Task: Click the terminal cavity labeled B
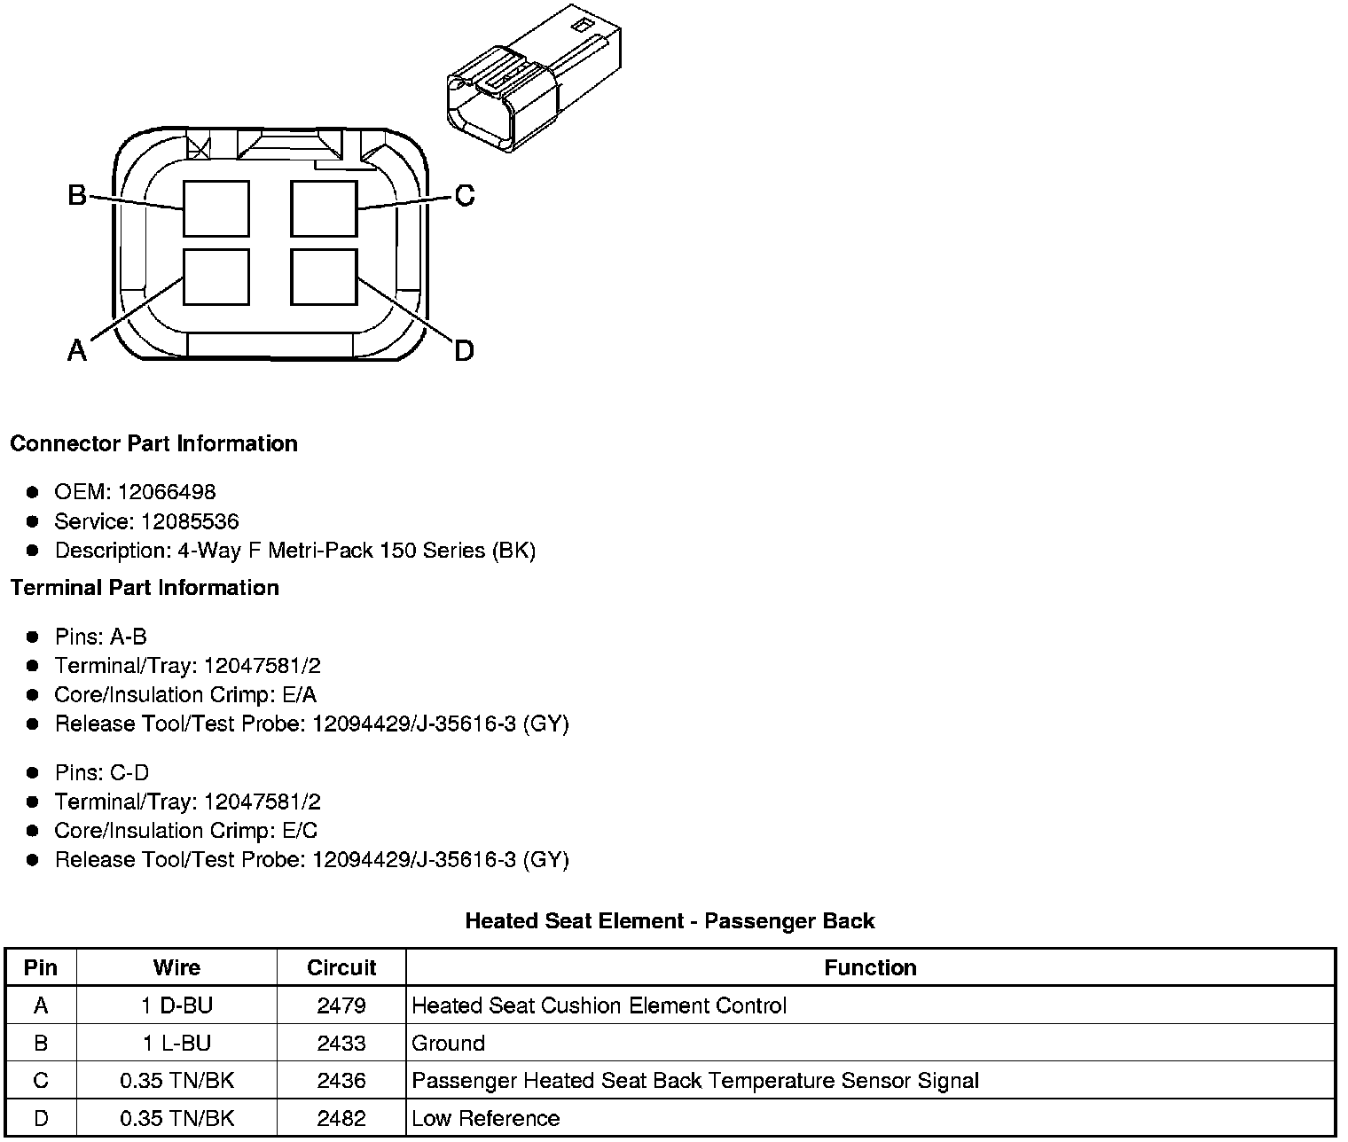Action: click(216, 208)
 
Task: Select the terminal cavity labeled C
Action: click(325, 208)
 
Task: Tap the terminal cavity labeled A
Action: click(216, 277)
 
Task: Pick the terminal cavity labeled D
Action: click(325, 277)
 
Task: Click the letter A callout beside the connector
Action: click(78, 351)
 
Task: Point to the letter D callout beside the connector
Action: click(464, 351)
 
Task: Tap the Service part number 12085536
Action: click(190, 521)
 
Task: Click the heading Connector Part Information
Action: click(153, 443)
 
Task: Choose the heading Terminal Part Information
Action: click(145, 588)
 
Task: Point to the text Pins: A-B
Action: click(100, 637)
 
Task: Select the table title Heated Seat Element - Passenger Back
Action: click(670, 921)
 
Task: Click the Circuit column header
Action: click(341, 967)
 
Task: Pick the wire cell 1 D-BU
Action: click(176, 1005)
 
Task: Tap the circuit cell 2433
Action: click(341, 1043)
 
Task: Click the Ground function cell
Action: click(449, 1043)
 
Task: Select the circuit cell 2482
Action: click(341, 1118)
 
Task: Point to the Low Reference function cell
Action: click(486, 1118)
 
